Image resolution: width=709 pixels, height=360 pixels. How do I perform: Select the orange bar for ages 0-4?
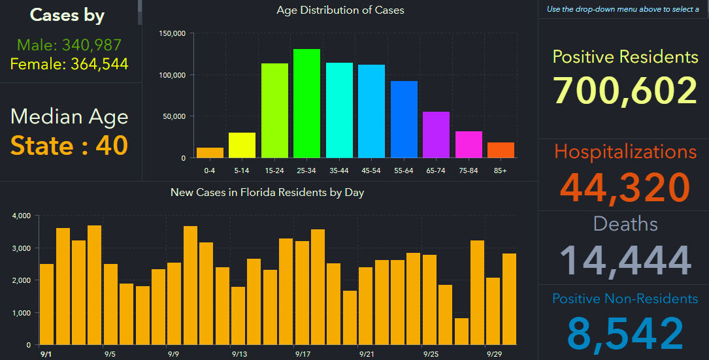[210, 153]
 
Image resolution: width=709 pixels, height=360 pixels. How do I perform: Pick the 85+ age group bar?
[501, 150]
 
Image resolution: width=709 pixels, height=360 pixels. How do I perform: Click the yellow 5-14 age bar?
[242, 145]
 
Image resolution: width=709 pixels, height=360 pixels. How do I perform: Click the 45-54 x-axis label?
[371, 170]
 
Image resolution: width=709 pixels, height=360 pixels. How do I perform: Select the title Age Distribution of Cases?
[340, 10]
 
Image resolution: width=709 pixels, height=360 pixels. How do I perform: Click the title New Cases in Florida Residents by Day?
[267, 192]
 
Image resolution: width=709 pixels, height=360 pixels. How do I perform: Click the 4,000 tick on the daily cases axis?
[22, 216]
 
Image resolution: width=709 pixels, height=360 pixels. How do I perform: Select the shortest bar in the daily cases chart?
[461, 331]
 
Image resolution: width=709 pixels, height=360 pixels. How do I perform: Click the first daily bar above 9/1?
[46, 304]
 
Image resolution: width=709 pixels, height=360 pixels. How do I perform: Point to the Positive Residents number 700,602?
[625, 91]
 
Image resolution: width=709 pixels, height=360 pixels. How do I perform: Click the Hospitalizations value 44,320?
[625, 188]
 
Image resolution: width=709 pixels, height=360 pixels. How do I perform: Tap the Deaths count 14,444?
[625, 259]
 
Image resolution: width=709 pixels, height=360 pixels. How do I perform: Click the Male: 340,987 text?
[69, 45]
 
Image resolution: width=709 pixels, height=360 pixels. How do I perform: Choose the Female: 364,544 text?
[69, 64]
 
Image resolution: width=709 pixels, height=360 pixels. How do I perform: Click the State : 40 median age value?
[69, 145]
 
